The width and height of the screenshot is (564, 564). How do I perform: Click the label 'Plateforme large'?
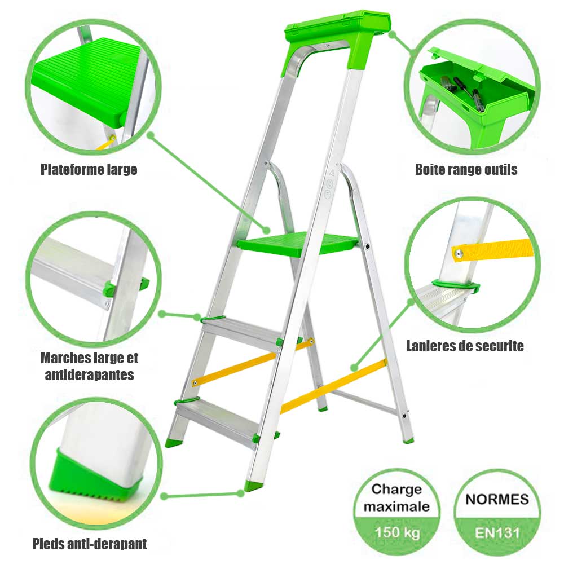89,169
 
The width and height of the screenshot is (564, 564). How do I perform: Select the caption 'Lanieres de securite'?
465,346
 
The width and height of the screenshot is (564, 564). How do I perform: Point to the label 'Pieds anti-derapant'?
90,544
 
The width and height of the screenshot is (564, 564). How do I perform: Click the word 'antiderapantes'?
89,374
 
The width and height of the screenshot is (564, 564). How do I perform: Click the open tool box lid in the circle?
479,70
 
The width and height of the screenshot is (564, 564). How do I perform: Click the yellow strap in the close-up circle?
496,249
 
